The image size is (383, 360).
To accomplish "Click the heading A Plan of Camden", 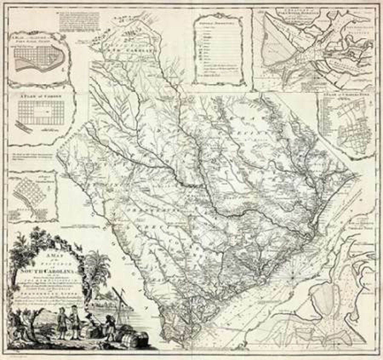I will (41, 96).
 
